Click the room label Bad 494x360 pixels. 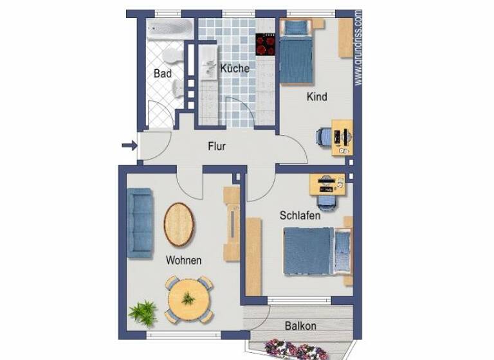163,74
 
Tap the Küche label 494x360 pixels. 234,68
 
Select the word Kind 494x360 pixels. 316,97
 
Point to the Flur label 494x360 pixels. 217,146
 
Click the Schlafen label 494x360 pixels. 300,216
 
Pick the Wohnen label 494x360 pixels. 183,260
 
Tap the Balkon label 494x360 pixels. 300,326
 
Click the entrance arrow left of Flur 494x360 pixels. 129,146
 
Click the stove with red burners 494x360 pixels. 265,44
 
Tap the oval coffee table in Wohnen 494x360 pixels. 179,224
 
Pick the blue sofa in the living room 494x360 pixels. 140,222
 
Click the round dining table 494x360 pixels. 188,299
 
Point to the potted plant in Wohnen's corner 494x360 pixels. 143,313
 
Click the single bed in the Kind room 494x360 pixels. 296,51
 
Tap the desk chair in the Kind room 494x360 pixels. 324,138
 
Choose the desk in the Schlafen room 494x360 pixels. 327,184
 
